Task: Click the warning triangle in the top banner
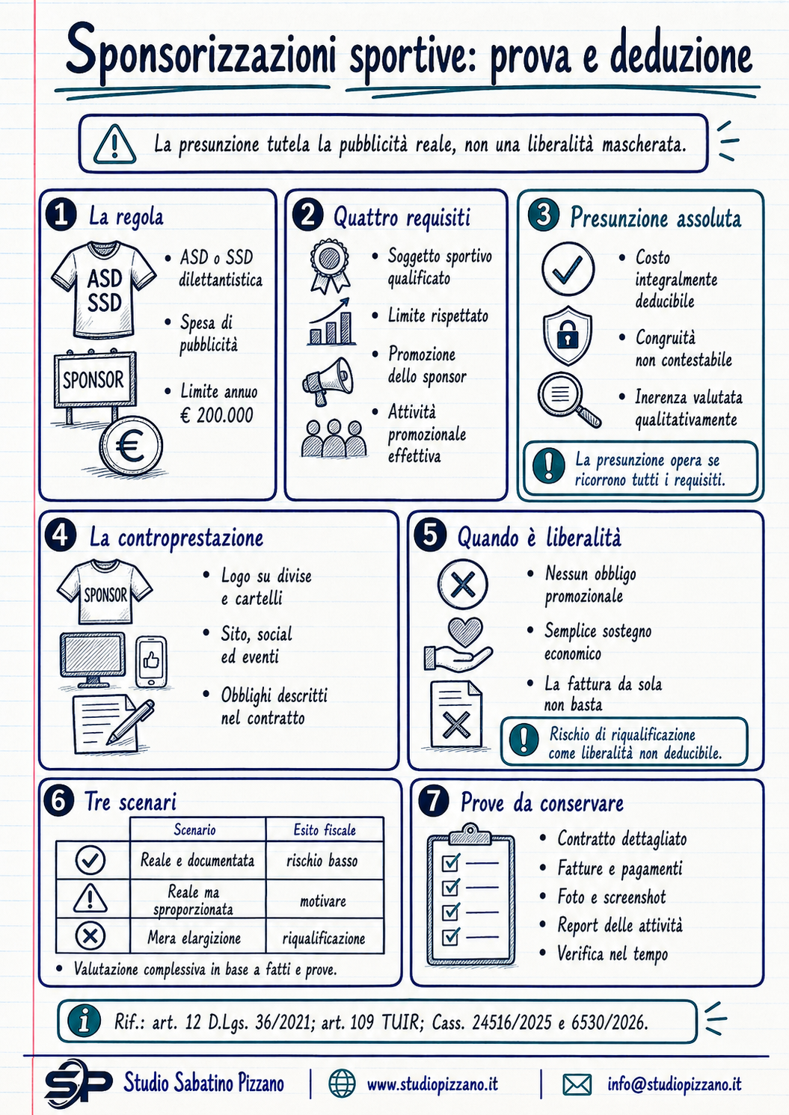(114, 144)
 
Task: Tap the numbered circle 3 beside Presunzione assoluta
(543, 215)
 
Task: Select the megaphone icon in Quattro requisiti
(328, 381)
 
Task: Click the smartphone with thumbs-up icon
(151, 662)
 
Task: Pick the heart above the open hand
(465, 632)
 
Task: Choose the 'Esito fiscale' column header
(325, 830)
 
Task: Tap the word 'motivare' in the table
(322, 900)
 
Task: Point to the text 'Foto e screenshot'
(611, 897)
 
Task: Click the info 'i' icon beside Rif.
(84, 1022)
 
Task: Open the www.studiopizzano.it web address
(432, 1084)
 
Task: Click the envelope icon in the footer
(577, 1084)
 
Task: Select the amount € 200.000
(217, 414)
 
